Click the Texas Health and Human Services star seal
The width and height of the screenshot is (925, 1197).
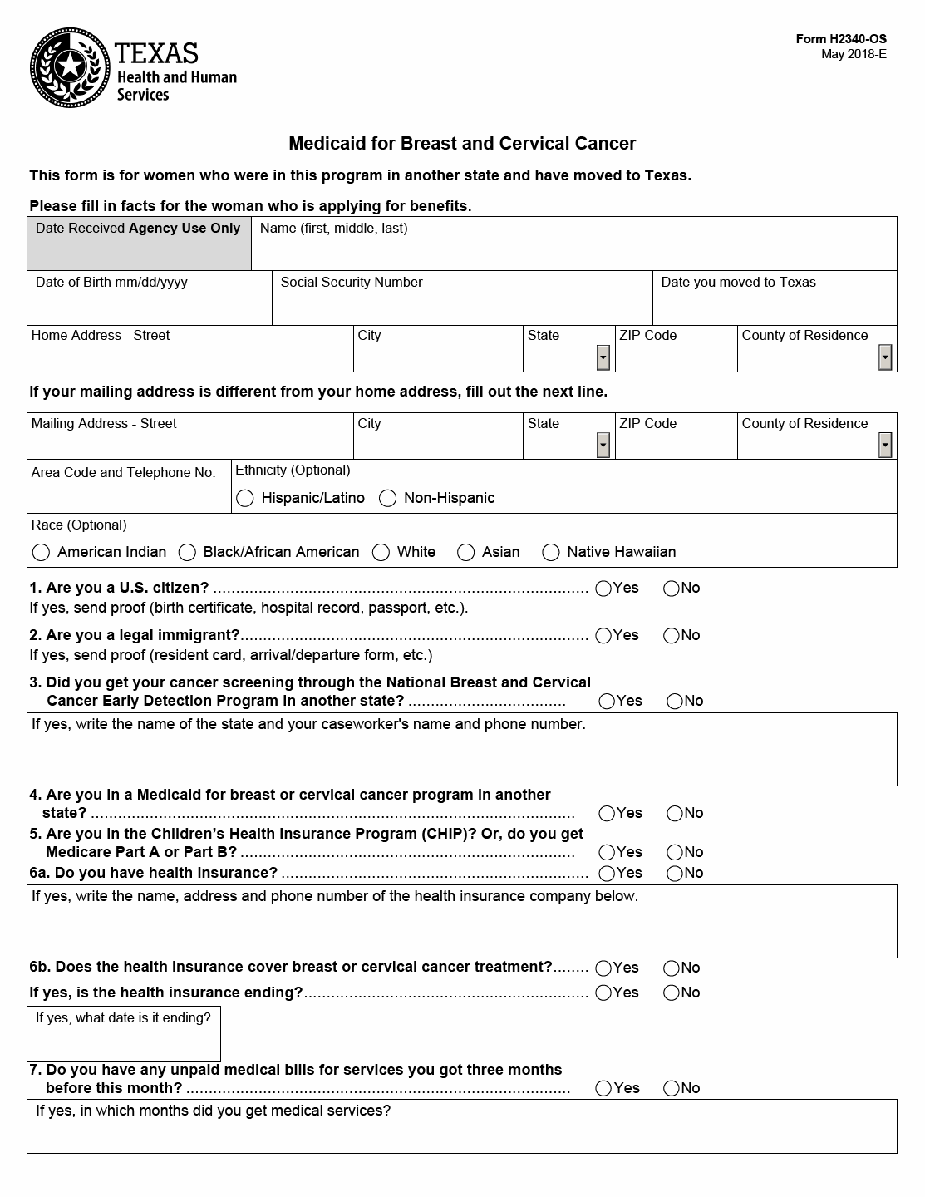[x=70, y=67]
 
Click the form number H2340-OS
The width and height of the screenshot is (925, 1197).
[x=841, y=39]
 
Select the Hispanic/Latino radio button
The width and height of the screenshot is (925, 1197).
[x=244, y=498]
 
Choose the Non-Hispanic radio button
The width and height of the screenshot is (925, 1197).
[x=387, y=498]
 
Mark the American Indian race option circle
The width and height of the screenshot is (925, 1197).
[x=41, y=552]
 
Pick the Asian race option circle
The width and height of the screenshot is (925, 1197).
[x=466, y=552]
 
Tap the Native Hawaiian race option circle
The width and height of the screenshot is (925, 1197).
[x=550, y=552]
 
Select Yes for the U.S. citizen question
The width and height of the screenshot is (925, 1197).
[x=604, y=589]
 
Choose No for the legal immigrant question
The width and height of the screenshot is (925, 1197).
[x=672, y=636]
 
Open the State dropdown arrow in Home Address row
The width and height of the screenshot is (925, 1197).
[x=603, y=357]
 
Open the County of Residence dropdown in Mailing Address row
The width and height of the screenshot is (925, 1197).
[x=885, y=446]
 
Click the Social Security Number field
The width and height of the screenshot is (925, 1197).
[x=461, y=304]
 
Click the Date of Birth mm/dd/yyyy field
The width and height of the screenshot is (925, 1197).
[x=150, y=304]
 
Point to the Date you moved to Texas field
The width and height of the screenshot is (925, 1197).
[x=775, y=304]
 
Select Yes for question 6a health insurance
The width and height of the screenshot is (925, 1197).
[x=607, y=874]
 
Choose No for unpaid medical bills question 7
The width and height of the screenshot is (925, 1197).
[x=672, y=1089]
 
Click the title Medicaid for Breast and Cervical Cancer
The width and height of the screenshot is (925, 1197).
[x=462, y=143]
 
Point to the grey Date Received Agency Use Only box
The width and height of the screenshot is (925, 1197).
[x=139, y=244]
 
